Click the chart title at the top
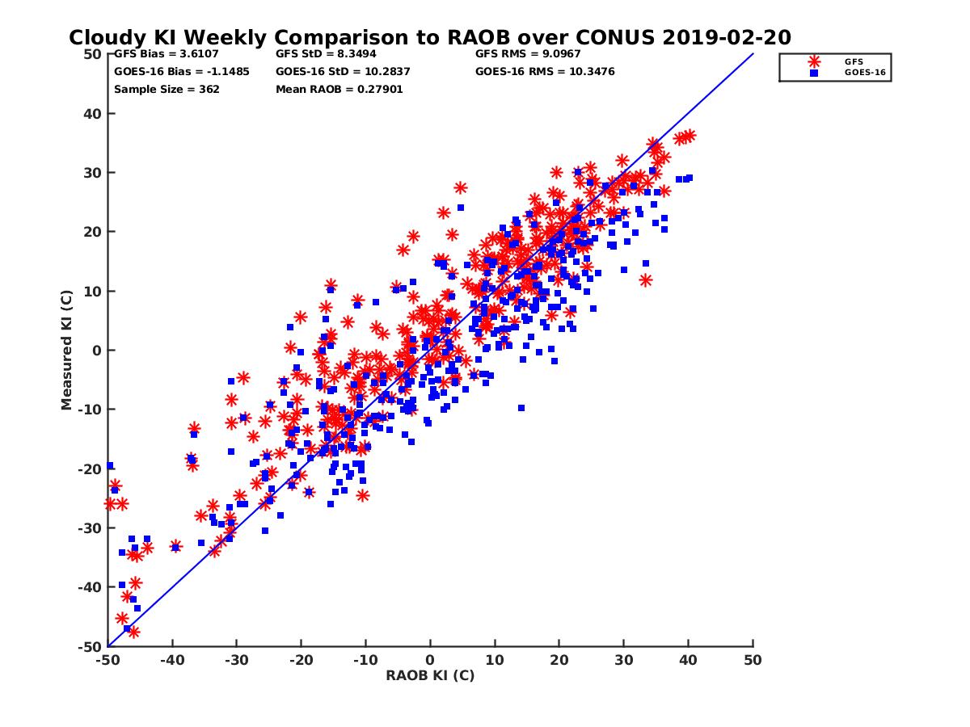tap(429, 37)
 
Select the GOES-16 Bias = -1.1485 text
tap(182, 71)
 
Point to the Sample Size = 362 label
tap(167, 89)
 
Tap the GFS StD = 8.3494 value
tap(320, 54)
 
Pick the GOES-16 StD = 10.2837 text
tap(344, 71)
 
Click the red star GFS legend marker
tap(814, 61)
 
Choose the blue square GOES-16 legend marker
tap(814, 73)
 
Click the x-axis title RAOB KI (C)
tap(430, 675)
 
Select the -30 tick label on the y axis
tap(91, 527)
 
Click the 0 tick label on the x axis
tap(430, 660)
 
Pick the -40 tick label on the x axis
tap(172, 660)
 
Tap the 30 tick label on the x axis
tap(623, 660)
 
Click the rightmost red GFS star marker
tap(689, 136)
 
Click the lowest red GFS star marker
tap(133, 632)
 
